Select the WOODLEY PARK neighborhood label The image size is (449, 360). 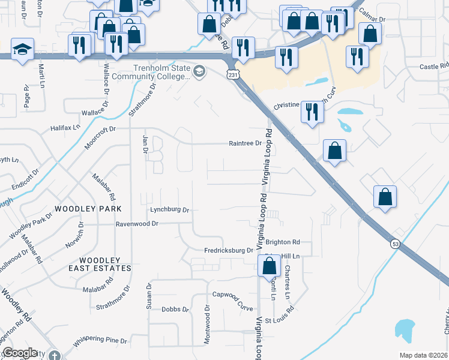click(x=88, y=208)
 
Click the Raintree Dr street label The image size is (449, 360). click(x=246, y=143)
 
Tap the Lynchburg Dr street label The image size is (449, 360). click(x=170, y=210)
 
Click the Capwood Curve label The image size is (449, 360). click(x=233, y=294)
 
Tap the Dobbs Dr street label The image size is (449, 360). click(x=175, y=310)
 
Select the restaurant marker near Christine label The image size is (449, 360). click(x=312, y=112)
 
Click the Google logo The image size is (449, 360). click(x=20, y=353)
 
